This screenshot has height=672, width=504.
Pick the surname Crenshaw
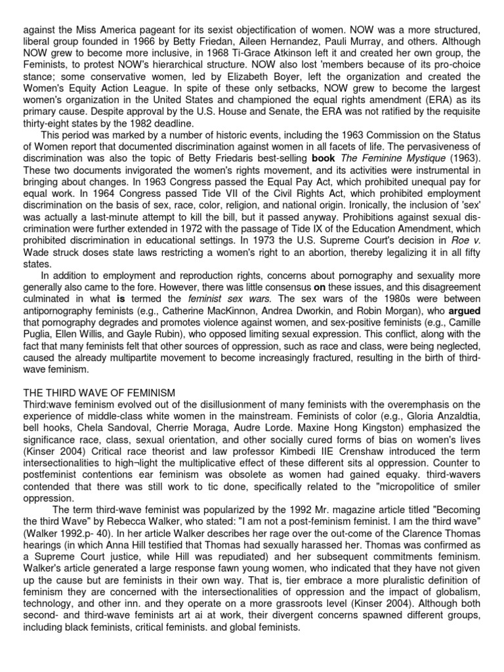[290, 455]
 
